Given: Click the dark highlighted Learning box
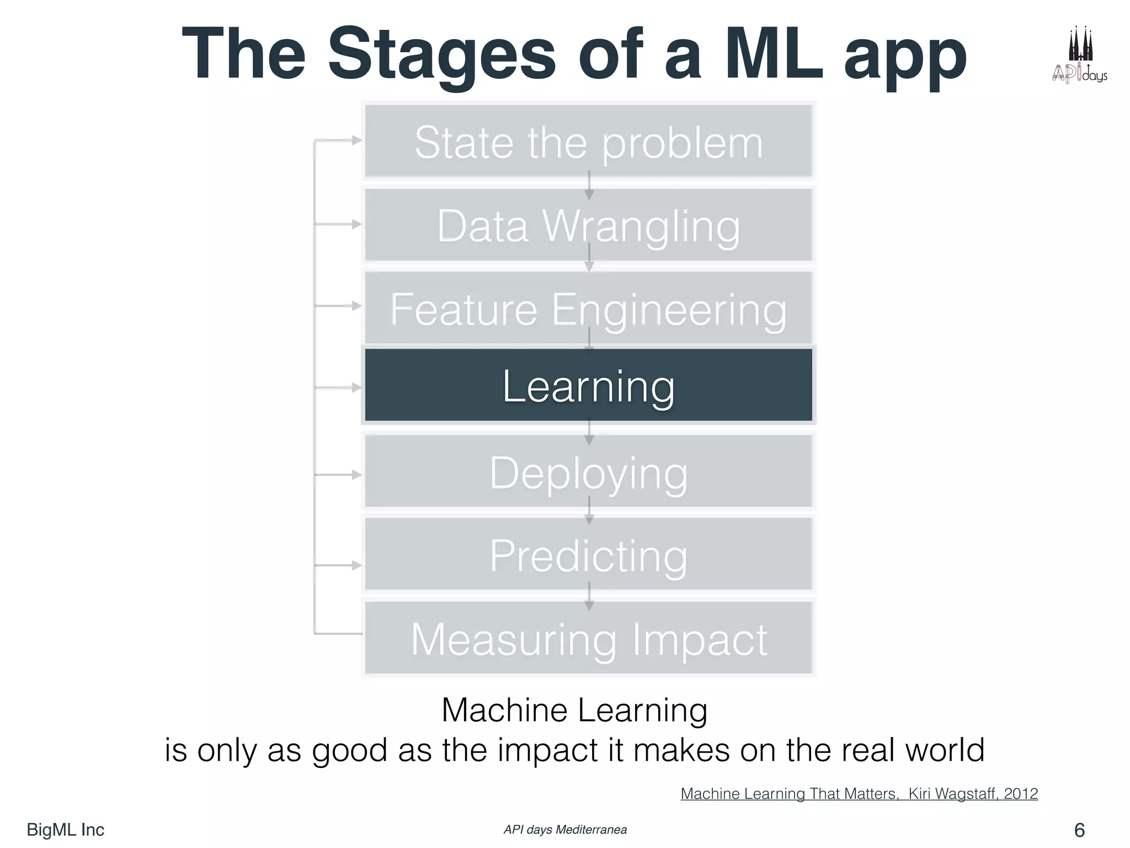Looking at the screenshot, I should pos(588,385).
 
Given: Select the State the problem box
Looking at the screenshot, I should pos(588,142).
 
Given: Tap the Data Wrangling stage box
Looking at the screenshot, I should pos(588,225).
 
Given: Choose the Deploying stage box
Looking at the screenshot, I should pos(588,472).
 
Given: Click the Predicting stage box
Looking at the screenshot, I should pos(588,555).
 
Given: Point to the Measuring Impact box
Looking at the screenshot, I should pos(588,639).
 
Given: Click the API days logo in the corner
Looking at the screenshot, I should pos(1079,55).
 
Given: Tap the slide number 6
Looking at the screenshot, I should pos(1079,830).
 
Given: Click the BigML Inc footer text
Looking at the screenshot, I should pos(65,830).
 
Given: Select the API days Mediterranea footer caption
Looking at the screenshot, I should pos(565,830).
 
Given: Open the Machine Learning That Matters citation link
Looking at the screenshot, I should pos(859,794).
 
